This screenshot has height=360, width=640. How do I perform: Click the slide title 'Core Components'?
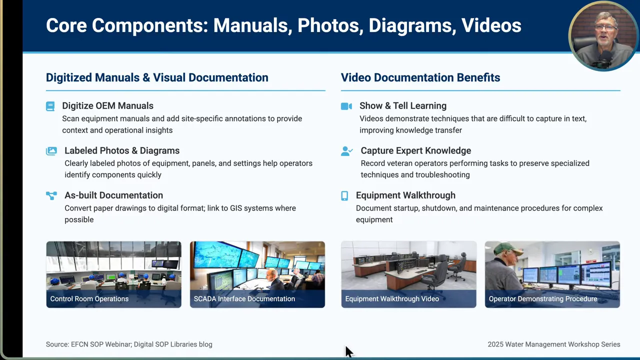pos(124,25)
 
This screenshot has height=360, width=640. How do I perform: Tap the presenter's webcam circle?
pos(603,36)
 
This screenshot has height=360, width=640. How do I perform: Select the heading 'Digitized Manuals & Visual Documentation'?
pos(157,77)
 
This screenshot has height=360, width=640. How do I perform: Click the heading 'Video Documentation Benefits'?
pos(420,77)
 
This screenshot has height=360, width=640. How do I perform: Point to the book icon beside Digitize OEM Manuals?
pos(50,106)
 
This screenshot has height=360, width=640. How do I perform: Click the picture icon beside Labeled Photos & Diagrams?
pos(51,151)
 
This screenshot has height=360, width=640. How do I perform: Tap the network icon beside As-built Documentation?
pos(51,195)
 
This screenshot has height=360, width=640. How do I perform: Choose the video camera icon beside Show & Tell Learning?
pos(346,106)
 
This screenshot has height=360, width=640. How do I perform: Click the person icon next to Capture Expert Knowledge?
pos(346,151)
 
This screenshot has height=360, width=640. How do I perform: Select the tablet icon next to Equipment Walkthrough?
pos(344,195)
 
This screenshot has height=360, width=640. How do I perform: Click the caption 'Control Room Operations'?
pos(89,299)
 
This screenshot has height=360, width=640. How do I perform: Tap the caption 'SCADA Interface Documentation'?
pos(244,299)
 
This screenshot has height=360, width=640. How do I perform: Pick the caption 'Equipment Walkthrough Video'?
pos(392,299)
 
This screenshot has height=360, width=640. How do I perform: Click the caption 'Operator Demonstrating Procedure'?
pos(543,299)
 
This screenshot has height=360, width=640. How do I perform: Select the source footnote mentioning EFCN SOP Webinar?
pos(129,344)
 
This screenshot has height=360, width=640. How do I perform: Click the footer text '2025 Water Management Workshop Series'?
pos(554,344)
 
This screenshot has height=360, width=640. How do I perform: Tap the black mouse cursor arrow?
pos(348,351)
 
